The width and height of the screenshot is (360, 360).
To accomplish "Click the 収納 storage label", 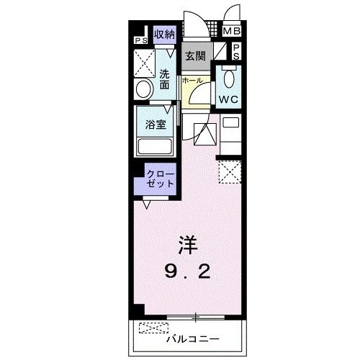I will pyautogui.click(x=164, y=34).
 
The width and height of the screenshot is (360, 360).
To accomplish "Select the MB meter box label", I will pyautogui.click(x=231, y=31).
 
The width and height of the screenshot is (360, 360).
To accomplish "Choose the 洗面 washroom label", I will pyautogui.click(x=165, y=78).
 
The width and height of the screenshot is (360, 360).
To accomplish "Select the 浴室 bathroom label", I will pyautogui.click(x=156, y=123).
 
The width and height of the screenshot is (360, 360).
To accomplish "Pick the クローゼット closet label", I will pyautogui.click(x=160, y=179).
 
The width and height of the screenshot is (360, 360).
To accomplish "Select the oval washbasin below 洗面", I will pyautogui.click(x=144, y=89).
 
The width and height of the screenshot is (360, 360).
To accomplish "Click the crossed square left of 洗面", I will pyautogui.click(x=143, y=63).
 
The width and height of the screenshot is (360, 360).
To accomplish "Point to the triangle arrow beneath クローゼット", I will pyautogui.click(x=147, y=204).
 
